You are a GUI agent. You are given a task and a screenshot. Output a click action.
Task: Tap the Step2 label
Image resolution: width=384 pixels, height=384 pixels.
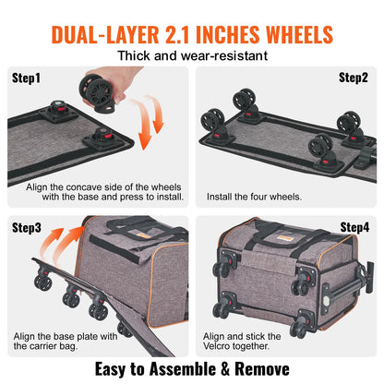pos(354,78)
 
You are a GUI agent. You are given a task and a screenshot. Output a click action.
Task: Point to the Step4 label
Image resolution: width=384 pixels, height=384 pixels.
pos(354,227)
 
